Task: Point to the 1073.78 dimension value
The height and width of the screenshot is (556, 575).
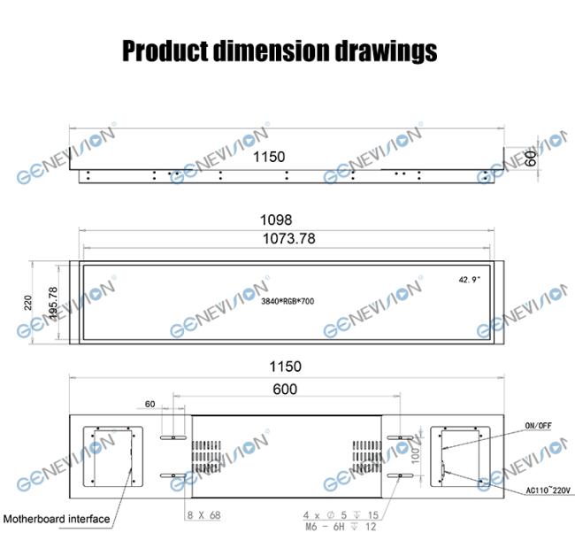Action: click(288, 238)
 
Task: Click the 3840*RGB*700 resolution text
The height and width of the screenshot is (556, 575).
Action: click(287, 302)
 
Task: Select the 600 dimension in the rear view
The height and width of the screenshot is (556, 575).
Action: click(285, 390)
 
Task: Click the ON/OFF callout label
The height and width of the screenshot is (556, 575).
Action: click(538, 425)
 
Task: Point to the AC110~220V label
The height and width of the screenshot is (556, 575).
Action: click(539, 490)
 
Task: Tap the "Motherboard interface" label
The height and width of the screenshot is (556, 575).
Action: click(57, 519)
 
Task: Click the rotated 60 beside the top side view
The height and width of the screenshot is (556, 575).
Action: click(531, 158)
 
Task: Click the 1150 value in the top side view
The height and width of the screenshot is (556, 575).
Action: click(269, 157)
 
